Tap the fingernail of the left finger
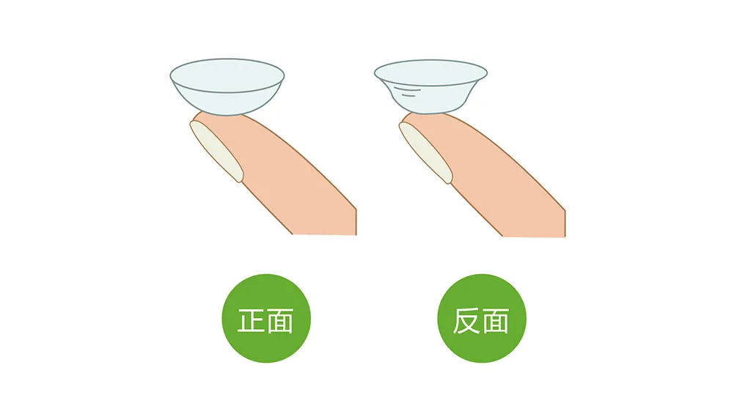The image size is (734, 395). click(x=216, y=150)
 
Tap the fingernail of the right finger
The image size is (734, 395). click(x=425, y=152)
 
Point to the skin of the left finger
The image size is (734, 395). click(x=290, y=182)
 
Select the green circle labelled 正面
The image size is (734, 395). click(x=266, y=318)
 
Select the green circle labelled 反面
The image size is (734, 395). click(x=482, y=318)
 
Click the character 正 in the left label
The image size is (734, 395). click(x=252, y=320)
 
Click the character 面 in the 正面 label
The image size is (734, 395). click(x=280, y=320)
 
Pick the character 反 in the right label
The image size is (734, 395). click(x=467, y=320)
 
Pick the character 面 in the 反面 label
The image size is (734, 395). click(x=495, y=320)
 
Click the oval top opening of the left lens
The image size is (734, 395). click(x=227, y=75)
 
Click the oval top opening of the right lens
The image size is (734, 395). click(x=430, y=73)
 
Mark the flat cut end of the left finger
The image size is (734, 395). click(x=324, y=234)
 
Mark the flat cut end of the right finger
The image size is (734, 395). click(x=534, y=236)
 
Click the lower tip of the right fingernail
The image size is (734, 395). click(x=449, y=183)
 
